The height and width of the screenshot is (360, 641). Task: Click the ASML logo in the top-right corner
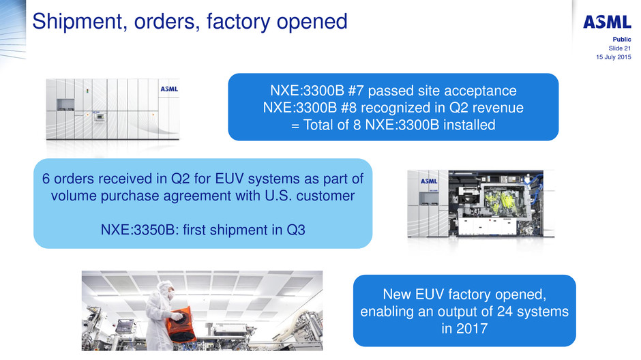[607, 22]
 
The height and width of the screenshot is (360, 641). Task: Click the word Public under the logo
[622, 40]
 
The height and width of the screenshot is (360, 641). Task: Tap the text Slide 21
[620, 48]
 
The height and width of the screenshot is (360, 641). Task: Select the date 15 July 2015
[614, 57]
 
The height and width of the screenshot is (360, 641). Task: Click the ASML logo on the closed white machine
[169, 89]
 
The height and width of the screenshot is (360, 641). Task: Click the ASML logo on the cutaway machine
[429, 181]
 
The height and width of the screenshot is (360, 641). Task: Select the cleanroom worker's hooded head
[166, 289]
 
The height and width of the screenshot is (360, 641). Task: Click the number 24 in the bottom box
[505, 312]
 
